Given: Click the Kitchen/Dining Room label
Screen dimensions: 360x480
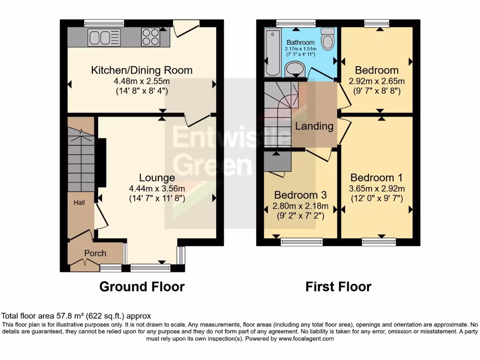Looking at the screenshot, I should tap(142, 70).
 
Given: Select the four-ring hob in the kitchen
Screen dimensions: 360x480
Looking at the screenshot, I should tap(150, 37).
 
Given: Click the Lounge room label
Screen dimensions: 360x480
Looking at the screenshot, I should tap(157, 178).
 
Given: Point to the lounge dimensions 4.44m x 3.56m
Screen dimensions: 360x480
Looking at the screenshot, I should tap(157, 188).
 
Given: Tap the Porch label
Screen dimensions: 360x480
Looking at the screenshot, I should tap(95, 253).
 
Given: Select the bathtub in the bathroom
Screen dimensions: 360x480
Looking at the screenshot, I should tap(271, 52).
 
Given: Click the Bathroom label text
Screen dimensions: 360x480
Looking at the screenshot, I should tap(300, 43).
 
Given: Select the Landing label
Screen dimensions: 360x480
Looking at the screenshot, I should tap(314, 126).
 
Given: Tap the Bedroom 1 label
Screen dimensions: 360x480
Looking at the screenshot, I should tap(376, 178).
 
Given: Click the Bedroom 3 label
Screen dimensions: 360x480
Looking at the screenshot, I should tap(300, 195).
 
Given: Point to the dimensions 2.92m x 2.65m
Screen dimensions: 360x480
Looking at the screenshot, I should tap(376, 81).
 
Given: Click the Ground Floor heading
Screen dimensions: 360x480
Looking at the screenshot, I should tap(142, 286).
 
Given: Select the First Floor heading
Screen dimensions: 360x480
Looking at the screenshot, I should tap(338, 286).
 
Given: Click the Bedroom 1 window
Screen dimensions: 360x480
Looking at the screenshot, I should tap(379, 242).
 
